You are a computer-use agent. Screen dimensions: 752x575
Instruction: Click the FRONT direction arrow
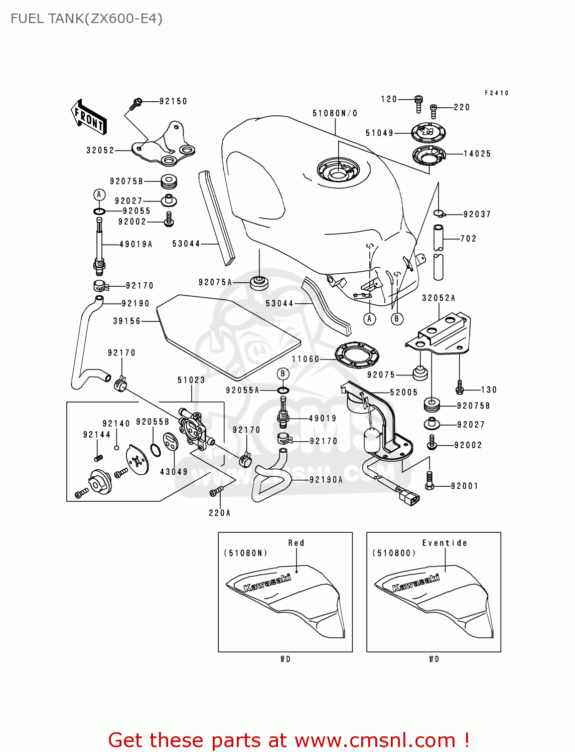[x=89, y=117]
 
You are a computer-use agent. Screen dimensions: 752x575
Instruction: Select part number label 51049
[x=379, y=133]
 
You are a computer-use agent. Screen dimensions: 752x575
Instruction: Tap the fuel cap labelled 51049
[x=428, y=133]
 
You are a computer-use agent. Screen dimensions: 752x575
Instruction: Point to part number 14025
[x=477, y=154]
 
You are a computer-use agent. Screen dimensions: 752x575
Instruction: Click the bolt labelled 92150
[x=136, y=104]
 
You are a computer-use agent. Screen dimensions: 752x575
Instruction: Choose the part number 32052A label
[x=439, y=298]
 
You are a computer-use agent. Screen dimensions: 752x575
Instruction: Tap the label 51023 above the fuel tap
[x=191, y=380]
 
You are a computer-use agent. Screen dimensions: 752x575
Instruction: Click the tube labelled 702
[x=439, y=253]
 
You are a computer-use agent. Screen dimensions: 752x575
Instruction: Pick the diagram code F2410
[x=496, y=93]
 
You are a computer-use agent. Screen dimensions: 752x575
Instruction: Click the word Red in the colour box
[x=296, y=543]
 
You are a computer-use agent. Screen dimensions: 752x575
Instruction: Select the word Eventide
[x=445, y=543]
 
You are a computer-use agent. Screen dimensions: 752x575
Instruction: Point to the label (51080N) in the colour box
[x=245, y=553]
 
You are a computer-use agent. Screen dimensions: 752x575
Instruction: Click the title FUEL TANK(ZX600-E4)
[x=86, y=19]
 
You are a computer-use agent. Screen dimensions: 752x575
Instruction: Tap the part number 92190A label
[x=326, y=480]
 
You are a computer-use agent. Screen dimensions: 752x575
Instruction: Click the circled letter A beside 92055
[x=99, y=195]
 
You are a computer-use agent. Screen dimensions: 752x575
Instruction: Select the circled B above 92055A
[x=283, y=373]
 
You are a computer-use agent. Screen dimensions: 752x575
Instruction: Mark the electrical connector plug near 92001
[x=408, y=497]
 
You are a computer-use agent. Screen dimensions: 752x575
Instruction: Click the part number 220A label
[x=220, y=513]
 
